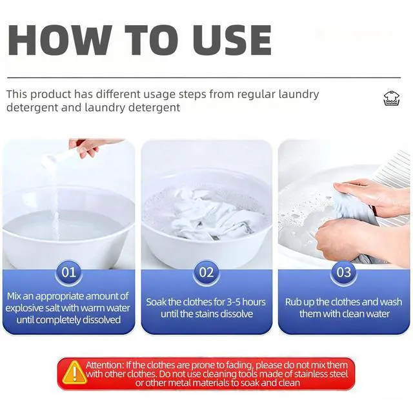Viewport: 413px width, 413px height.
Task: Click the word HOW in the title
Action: coord(59,40)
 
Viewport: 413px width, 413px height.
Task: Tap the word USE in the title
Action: coord(232,40)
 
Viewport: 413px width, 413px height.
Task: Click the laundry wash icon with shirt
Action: coord(392,98)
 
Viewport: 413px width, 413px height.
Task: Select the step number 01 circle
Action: coord(69,272)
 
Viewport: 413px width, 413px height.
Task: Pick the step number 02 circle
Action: coord(206,272)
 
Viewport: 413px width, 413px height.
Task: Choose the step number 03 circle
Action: coord(344,272)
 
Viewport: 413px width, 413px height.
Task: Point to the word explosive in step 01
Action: coord(25,308)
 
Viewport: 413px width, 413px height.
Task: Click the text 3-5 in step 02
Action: coord(234,302)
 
